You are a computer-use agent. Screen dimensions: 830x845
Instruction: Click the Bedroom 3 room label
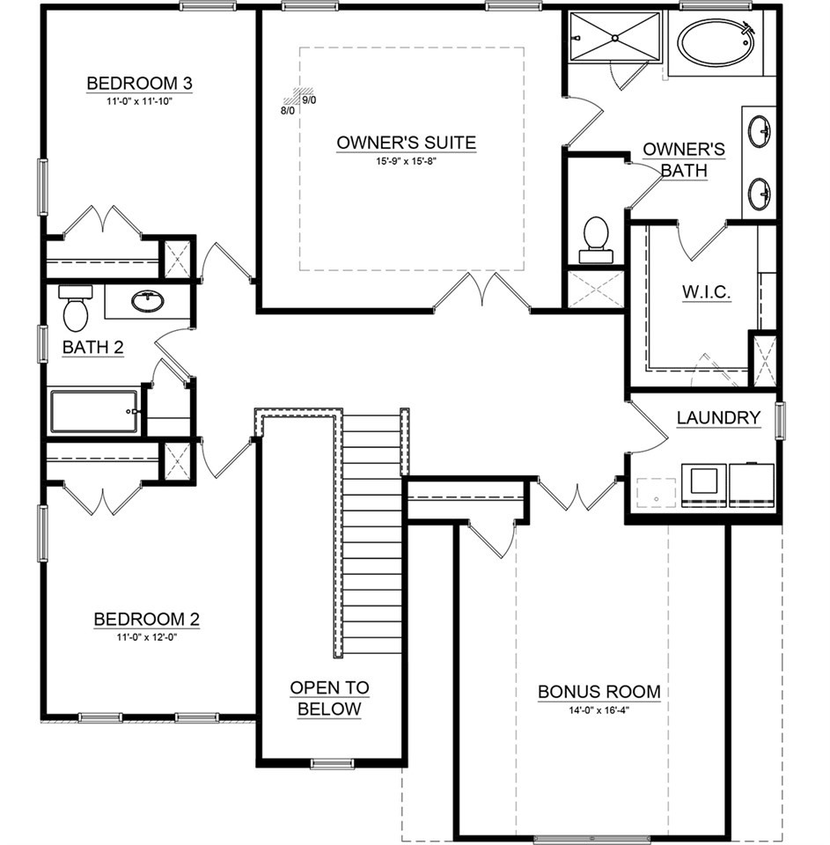[x=139, y=84]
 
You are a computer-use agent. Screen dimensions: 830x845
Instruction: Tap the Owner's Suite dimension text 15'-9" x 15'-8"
[x=406, y=160]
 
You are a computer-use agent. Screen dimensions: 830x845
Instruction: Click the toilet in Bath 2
[x=76, y=309]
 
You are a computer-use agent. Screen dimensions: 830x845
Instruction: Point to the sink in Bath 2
[x=148, y=301]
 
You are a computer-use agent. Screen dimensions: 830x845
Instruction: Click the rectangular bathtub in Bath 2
[x=95, y=412]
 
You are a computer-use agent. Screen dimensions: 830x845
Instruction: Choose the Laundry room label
[x=718, y=417]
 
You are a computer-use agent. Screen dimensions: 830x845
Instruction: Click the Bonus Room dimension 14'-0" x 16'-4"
[x=599, y=710]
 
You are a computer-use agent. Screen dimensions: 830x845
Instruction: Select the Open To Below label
[x=329, y=698]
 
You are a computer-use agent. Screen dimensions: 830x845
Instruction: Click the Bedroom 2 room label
[x=147, y=619]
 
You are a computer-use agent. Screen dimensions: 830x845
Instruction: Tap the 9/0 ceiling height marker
[x=309, y=100]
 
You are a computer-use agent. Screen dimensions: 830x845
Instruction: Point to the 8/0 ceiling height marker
[x=288, y=111]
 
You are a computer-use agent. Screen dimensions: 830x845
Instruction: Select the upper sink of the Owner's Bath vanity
[x=760, y=130]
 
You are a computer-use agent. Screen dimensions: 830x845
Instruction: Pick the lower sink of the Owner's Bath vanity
[x=760, y=194]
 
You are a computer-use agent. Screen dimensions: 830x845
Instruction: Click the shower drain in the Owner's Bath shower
[x=614, y=37]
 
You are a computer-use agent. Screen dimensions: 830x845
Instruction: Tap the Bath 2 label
[x=92, y=347]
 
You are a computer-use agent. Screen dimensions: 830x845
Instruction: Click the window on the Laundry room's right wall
[x=779, y=421]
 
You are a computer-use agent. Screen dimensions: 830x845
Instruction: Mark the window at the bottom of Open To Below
[x=333, y=763]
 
